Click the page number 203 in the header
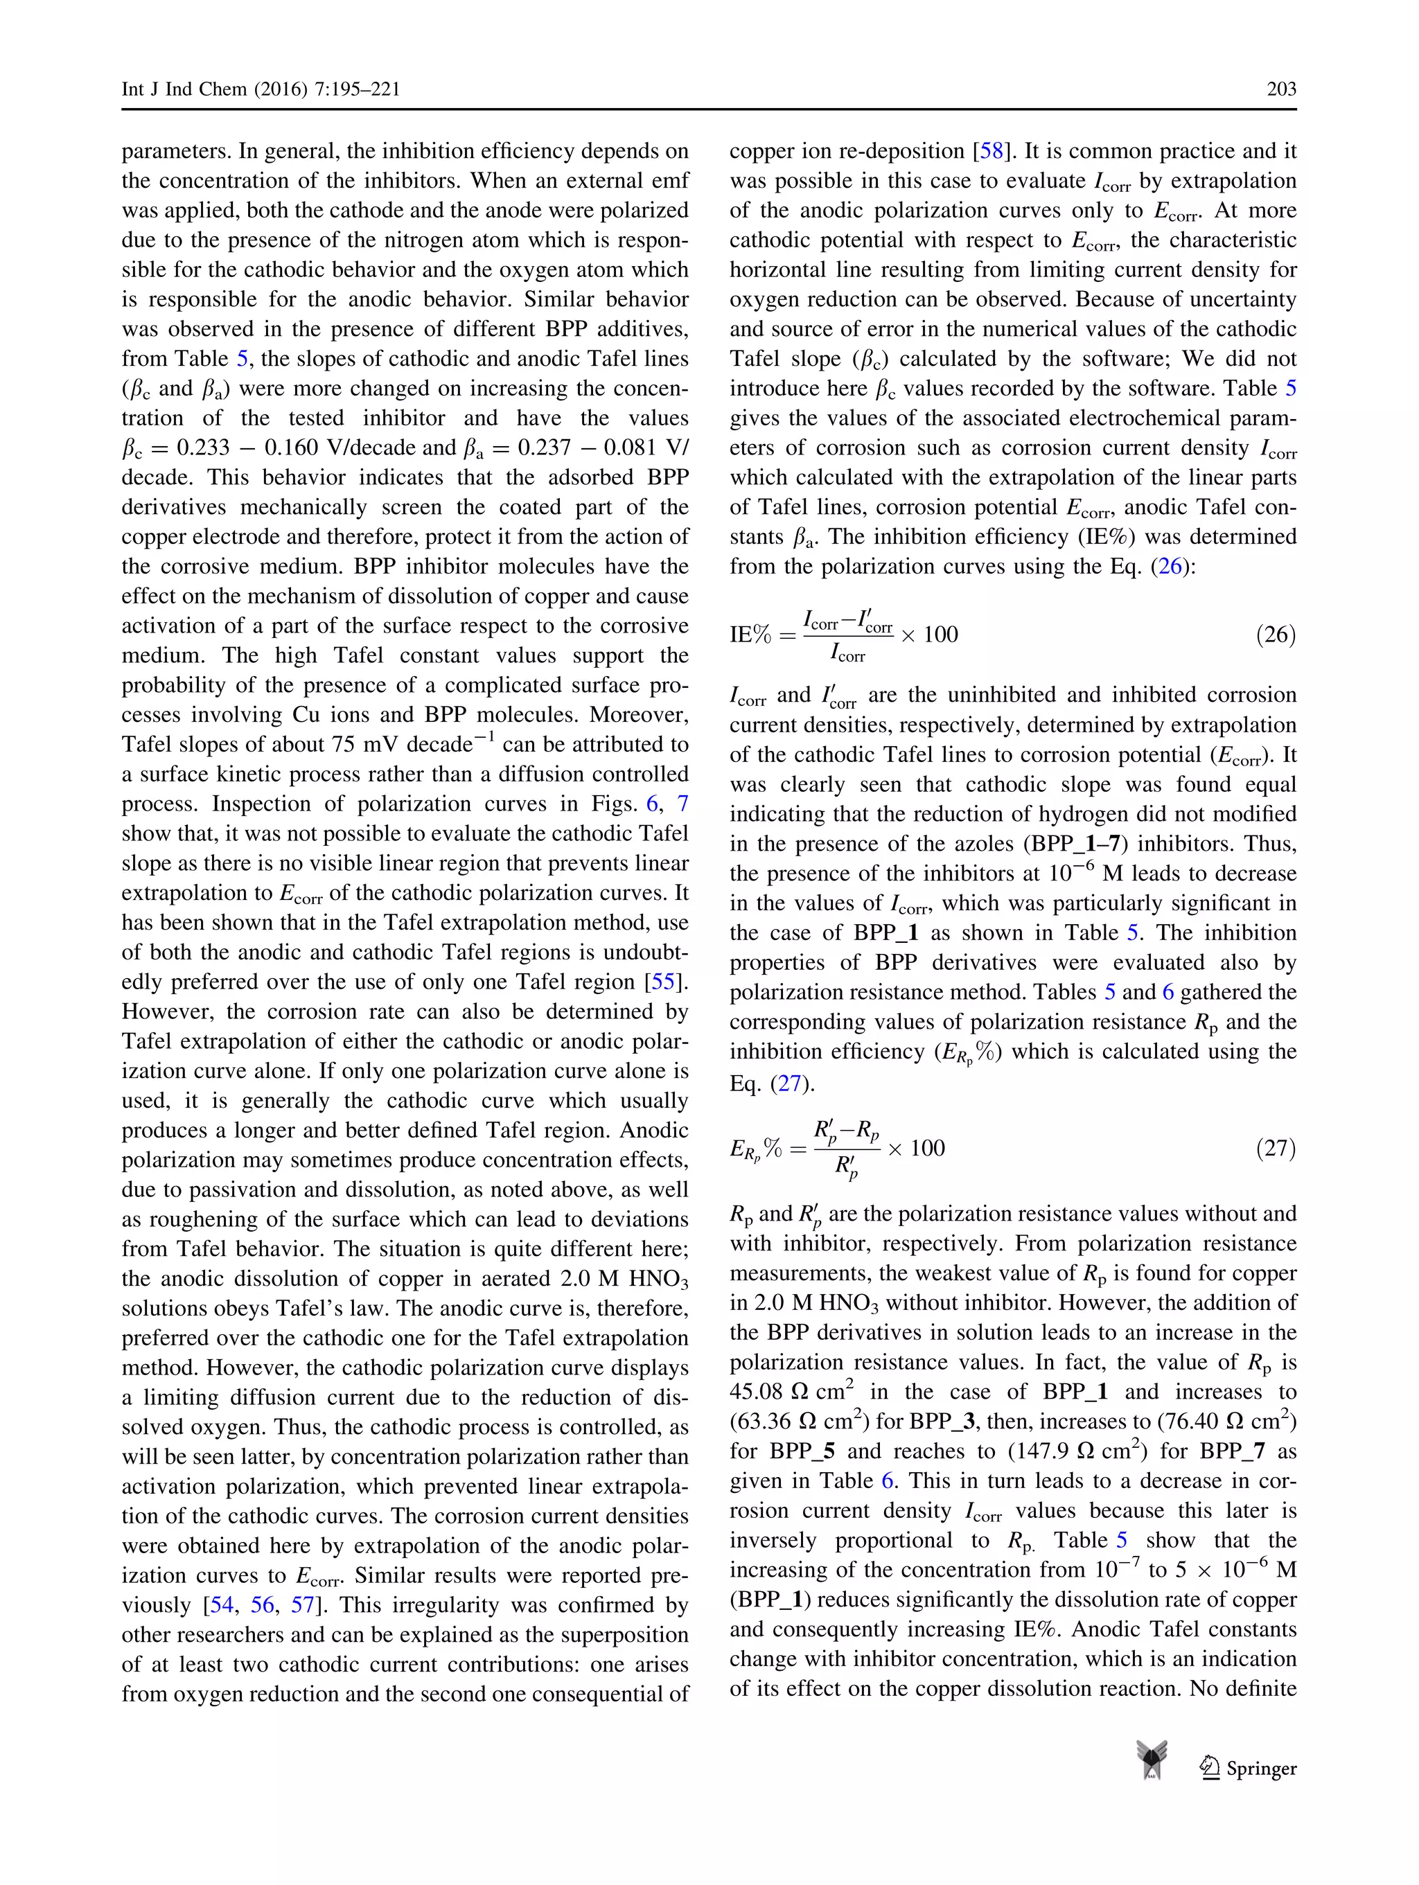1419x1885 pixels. coord(1281,89)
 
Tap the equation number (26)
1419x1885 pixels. coord(1275,635)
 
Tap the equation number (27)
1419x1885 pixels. coord(1275,1148)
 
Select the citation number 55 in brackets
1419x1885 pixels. coord(664,982)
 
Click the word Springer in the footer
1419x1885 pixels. coord(1260,1768)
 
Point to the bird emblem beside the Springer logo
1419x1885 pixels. coord(1152,1760)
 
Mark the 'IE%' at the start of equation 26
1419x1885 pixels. coord(750,635)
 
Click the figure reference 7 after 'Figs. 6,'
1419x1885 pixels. coord(682,804)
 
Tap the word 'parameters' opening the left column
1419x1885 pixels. coord(174,152)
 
